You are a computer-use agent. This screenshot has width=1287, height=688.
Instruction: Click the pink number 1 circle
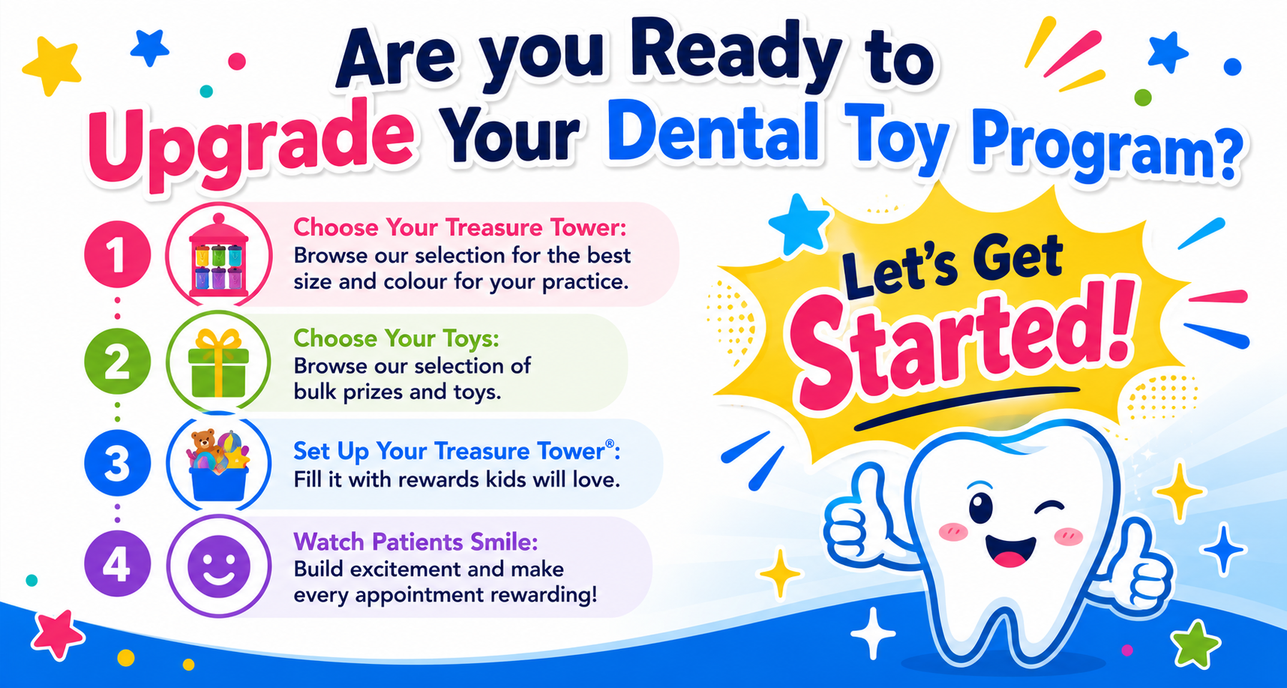(117, 254)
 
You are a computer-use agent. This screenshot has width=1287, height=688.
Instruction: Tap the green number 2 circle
(117, 362)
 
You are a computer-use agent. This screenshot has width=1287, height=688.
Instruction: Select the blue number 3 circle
(117, 463)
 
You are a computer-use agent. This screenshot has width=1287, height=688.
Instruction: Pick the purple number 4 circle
(117, 563)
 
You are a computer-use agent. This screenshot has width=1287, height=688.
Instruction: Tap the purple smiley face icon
(218, 565)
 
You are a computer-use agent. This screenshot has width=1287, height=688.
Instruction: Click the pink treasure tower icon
(218, 254)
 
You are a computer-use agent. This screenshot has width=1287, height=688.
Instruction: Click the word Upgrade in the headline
(251, 140)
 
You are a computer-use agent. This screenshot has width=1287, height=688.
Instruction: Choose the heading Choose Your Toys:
(396, 338)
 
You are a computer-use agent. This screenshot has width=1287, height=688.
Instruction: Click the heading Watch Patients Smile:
(415, 541)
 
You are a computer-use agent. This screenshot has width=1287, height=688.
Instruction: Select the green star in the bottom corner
(1195, 644)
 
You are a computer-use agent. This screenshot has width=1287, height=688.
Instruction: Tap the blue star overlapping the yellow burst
(799, 224)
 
